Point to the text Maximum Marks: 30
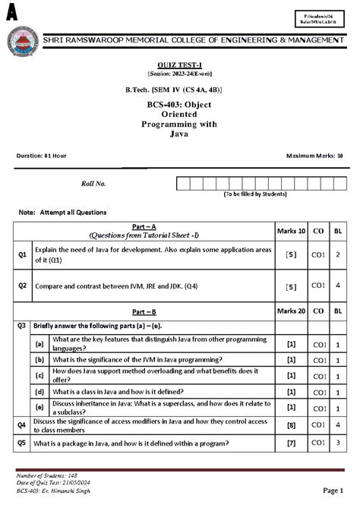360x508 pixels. [x=314, y=155]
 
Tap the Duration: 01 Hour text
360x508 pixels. [x=42, y=155]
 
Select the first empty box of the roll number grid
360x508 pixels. [x=182, y=184]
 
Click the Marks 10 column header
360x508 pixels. [x=291, y=230]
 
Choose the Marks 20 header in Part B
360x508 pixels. [x=291, y=311]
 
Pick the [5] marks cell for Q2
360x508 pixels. [x=291, y=286]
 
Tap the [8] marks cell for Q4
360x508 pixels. [x=291, y=425]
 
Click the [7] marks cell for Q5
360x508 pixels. [x=291, y=443]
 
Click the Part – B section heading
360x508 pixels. [x=144, y=311]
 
